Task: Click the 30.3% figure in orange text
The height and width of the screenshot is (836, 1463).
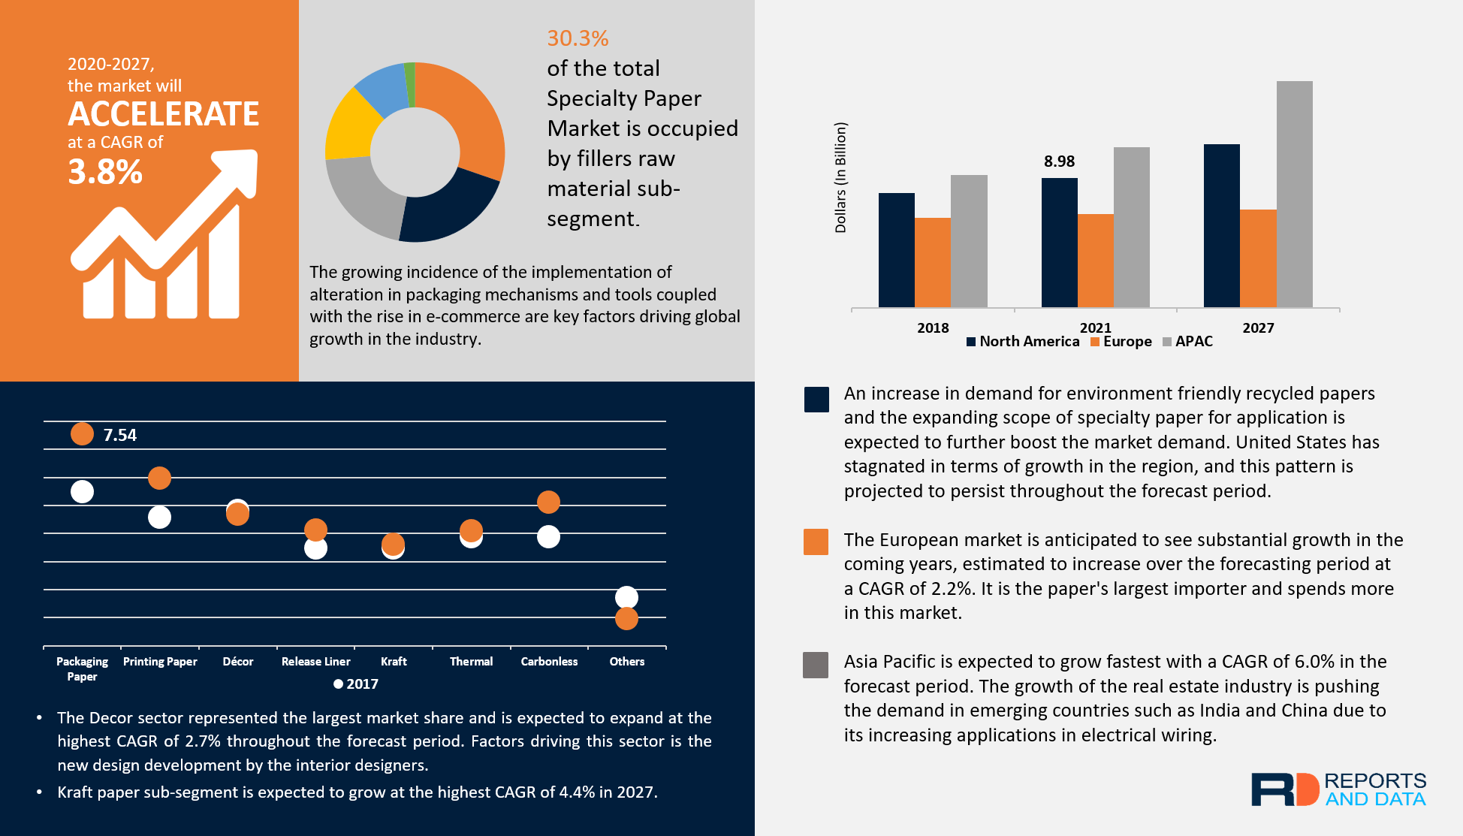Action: [577, 38]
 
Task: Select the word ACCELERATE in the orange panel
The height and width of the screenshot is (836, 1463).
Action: [163, 114]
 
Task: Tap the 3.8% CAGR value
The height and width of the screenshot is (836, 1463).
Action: [105, 172]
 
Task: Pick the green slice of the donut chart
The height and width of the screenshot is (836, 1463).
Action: [410, 74]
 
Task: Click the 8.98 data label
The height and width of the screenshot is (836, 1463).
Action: [1059, 161]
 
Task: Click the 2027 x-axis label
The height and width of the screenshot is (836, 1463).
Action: [1258, 327]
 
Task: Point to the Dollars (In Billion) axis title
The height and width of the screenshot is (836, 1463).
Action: [840, 177]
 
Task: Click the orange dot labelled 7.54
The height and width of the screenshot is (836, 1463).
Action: [82, 433]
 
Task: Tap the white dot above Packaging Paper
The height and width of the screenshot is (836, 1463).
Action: [82, 491]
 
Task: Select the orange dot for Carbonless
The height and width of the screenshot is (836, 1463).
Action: [548, 502]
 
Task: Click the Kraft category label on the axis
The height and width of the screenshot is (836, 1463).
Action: [394, 661]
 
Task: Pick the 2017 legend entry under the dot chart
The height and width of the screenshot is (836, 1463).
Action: [356, 684]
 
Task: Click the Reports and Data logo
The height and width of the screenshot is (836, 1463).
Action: [1338, 789]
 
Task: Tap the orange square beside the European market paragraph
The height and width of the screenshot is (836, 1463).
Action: [816, 542]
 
